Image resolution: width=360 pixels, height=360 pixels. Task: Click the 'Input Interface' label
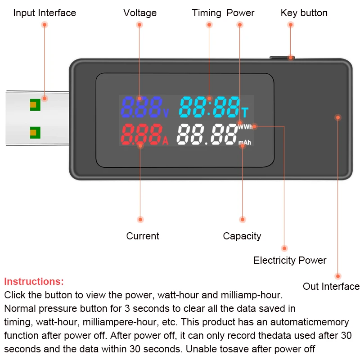(45, 13)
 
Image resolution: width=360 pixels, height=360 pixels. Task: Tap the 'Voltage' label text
(140, 13)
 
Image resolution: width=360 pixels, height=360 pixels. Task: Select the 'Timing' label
(207, 13)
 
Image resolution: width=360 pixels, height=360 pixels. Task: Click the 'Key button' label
(304, 13)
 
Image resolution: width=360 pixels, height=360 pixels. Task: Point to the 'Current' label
(143, 236)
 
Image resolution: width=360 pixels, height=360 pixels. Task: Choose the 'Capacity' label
(242, 236)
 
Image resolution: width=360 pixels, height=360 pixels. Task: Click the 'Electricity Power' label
(290, 260)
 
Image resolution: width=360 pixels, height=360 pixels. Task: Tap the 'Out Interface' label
(331, 286)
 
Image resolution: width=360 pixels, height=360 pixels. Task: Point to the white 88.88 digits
(207, 134)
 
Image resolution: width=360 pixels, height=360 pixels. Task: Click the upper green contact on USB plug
(35, 105)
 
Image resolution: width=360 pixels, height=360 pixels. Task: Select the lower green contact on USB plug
(35, 132)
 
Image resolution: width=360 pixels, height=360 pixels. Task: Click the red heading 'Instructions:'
(34, 282)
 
